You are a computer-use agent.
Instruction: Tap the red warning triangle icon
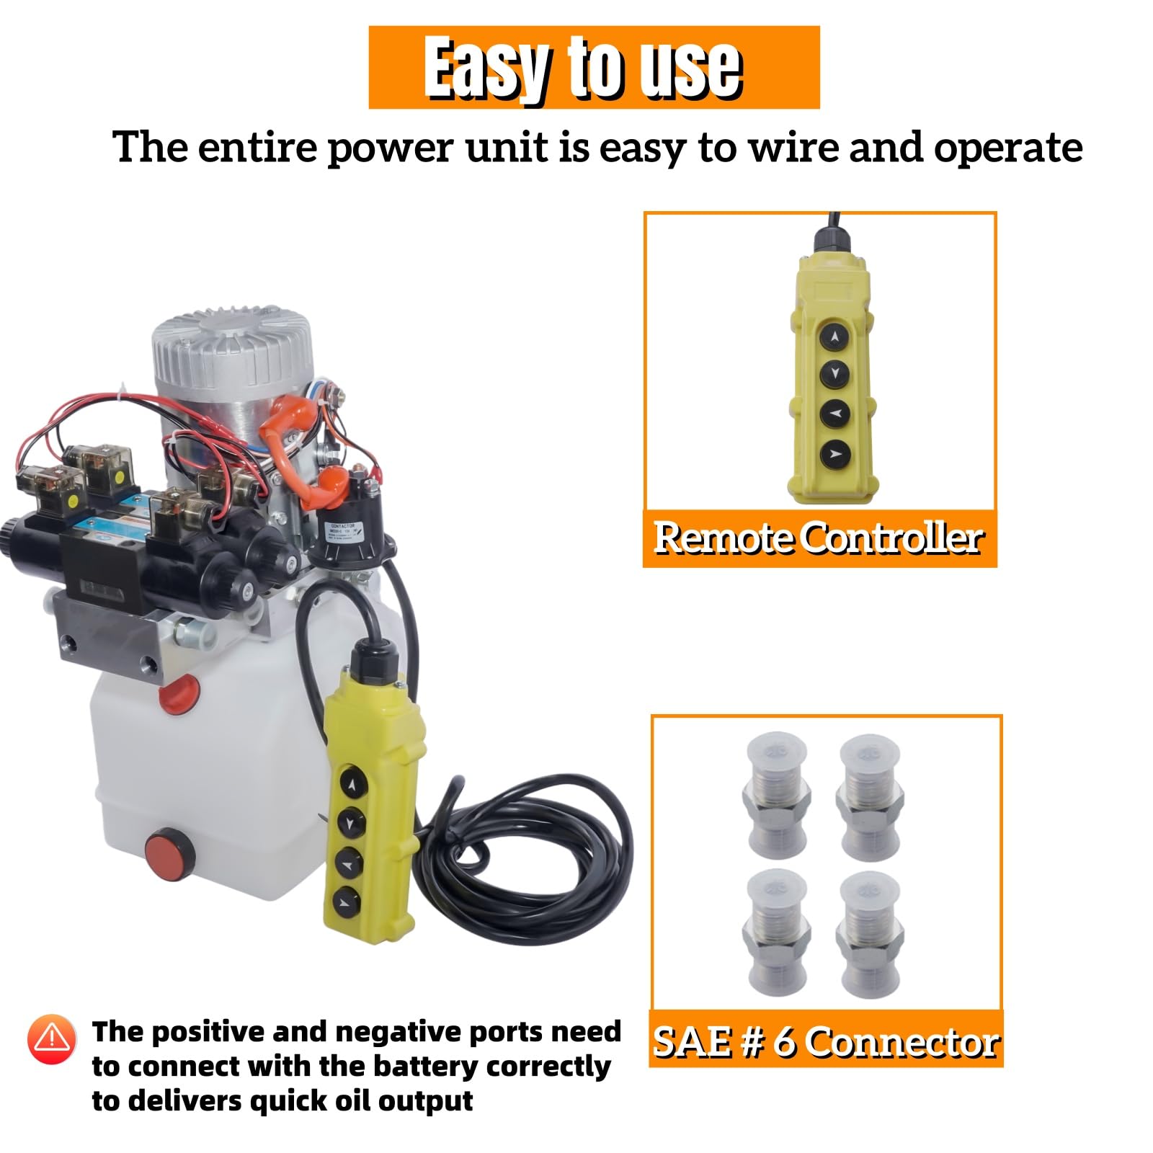tap(51, 1038)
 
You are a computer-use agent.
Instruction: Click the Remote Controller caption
tap(819, 538)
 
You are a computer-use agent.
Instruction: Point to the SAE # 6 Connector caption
tap(826, 1042)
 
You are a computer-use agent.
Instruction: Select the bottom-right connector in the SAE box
tap(869, 935)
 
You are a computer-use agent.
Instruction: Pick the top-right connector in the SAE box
tap(869, 797)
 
